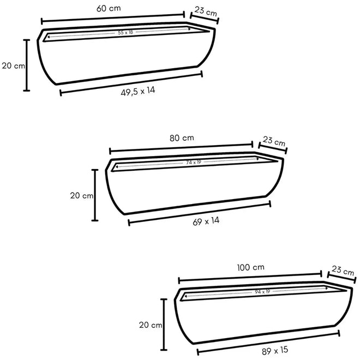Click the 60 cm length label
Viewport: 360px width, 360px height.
tap(109, 9)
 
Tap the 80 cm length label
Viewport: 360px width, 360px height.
tap(182, 138)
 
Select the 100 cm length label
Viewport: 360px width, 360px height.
tap(251, 267)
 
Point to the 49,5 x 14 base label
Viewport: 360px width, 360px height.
tap(138, 91)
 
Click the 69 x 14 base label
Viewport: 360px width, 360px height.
tap(206, 221)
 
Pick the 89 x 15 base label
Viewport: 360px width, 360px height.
tap(275, 351)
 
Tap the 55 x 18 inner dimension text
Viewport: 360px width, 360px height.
tap(125, 32)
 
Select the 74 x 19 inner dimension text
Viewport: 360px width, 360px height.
tap(194, 163)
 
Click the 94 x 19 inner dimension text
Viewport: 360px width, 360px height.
tap(262, 292)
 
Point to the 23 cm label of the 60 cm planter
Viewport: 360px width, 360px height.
tap(206, 11)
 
